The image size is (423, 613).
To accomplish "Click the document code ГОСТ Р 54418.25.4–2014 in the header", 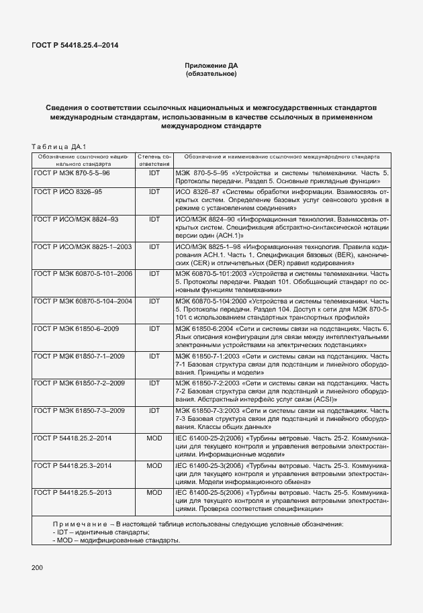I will click(x=75, y=46).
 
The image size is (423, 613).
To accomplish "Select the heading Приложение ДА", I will click(x=211, y=66).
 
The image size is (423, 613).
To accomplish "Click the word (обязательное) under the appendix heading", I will click(x=211, y=74).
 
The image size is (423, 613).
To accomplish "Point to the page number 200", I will click(x=38, y=568).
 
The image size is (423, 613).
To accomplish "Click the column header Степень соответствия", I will click(x=154, y=159).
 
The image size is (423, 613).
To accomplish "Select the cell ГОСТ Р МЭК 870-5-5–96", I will click(x=72, y=173).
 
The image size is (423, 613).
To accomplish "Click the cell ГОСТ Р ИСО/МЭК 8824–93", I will click(x=76, y=219).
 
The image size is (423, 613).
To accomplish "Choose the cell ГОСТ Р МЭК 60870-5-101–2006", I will click(x=83, y=274).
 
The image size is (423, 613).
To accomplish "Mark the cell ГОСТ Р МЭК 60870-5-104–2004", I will click(x=83, y=301).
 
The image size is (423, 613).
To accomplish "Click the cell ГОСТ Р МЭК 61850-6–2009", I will click(x=76, y=328).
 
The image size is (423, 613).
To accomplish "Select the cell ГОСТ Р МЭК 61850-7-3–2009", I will click(x=79, y=410).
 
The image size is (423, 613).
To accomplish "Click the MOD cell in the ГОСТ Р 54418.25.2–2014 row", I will click(x=154, y=437).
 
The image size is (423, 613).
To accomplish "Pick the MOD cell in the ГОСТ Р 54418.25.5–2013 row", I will click(x=154, y=492).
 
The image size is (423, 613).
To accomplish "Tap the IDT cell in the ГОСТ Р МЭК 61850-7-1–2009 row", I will click(x=154, y=355).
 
